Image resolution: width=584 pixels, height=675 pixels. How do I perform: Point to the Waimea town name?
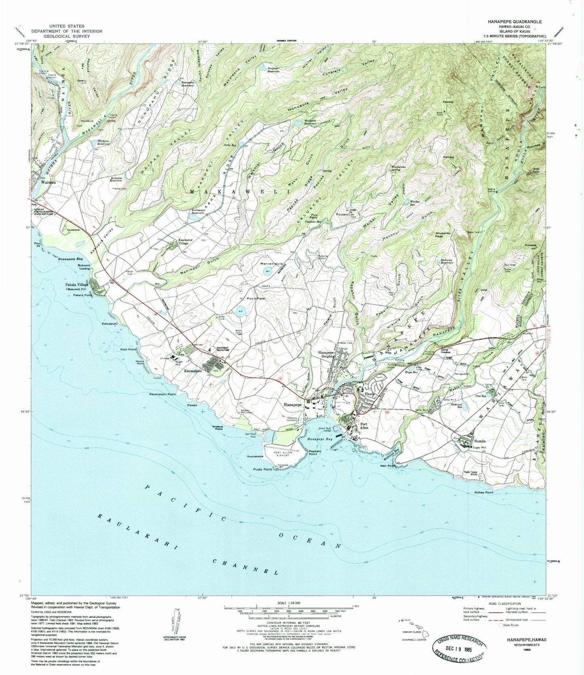[48, 182]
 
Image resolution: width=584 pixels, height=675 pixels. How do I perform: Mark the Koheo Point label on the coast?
[484, 493]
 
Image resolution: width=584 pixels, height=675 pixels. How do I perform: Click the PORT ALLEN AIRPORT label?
[285, 453]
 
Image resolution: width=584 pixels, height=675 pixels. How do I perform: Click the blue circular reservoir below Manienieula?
[267, 273]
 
